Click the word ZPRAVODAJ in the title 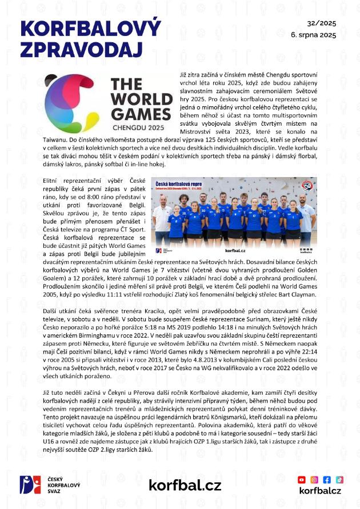pos(81,49)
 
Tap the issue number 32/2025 pos(322,24)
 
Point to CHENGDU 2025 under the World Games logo pos(139,126)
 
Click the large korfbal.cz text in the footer pos(185,485)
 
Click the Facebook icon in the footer pos(327,479)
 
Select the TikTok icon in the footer pos(339,479)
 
